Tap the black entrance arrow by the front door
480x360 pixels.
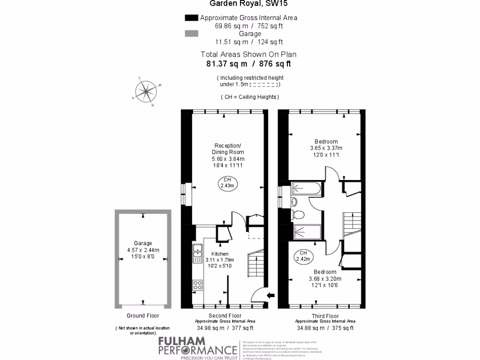coord(270,295)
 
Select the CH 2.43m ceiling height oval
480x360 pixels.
coord(227,183)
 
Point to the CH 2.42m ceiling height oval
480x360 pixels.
coord(303,255)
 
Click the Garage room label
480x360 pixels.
coord(143,243)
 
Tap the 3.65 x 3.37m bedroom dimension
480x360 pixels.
coord(326,149)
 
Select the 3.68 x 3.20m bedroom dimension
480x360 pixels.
coord(325,279)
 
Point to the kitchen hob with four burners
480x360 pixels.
coord(197,285)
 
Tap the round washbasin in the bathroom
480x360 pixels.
coord(294,202)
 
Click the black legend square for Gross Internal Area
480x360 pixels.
coord(191,18)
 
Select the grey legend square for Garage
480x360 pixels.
coord(191,34)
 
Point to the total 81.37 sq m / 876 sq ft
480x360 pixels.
coord(248,64)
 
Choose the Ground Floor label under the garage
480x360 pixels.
coord(143,316)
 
